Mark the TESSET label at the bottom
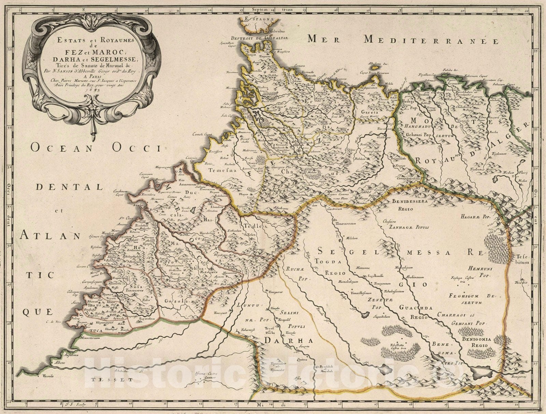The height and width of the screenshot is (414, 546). (x=108, y=379)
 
